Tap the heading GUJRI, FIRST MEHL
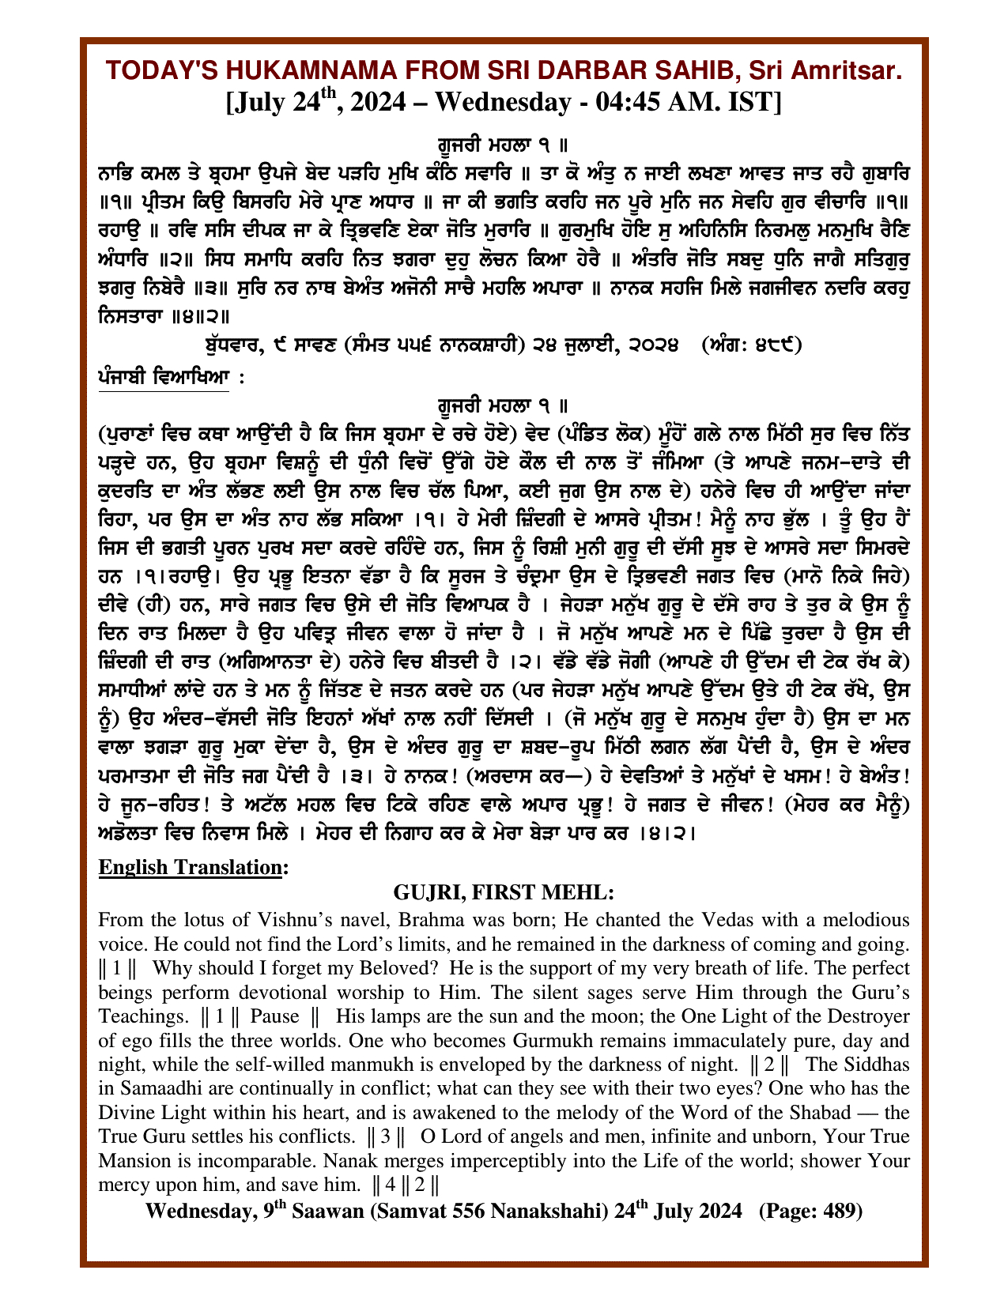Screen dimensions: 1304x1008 coord(504,893)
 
